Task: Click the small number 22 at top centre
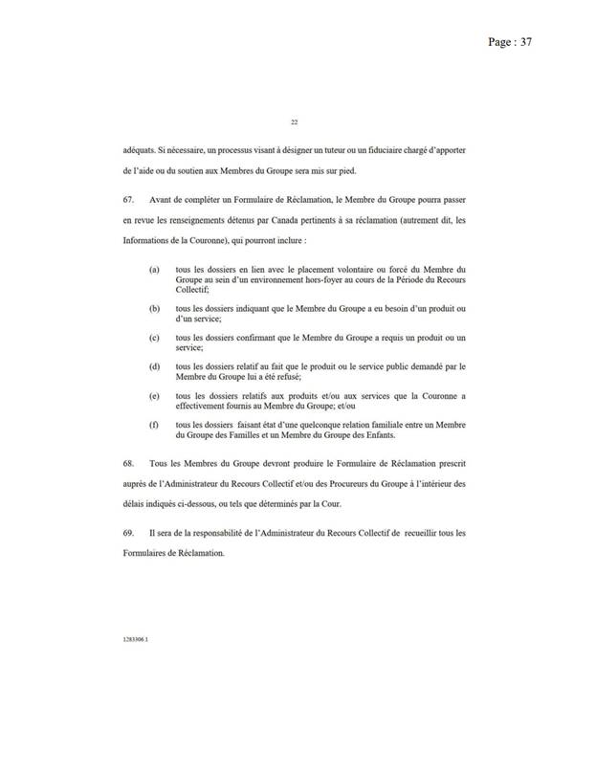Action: click(x=294, y=122)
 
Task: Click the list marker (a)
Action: click(x=155, y=271)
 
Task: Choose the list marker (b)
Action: click(x=155, y=310)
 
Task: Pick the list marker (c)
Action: click(x=155, y=339)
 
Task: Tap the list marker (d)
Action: click(x=155, y=366)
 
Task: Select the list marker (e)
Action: click(x=155, y=395)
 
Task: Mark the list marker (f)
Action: click(x=155, y=423)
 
